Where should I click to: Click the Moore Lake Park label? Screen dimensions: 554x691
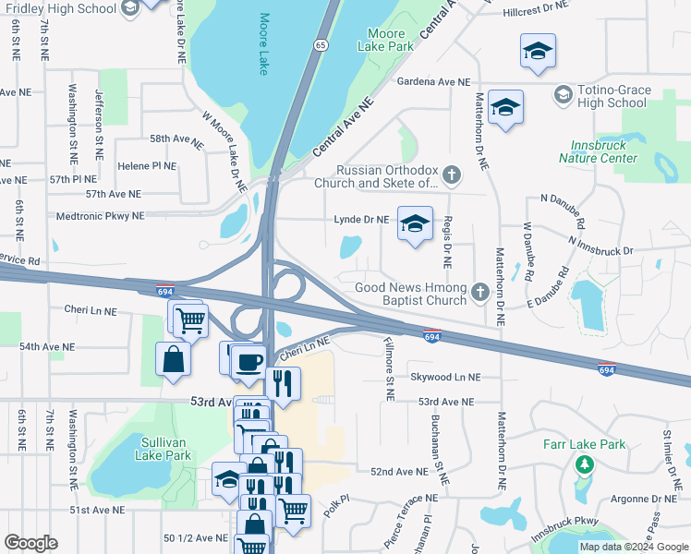[x=387, y=39]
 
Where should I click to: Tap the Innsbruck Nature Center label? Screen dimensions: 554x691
[x=598, y=151]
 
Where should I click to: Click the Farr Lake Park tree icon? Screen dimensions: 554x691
[x=584, y=464]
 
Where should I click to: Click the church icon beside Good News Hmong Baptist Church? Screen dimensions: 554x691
[x=479, y=293]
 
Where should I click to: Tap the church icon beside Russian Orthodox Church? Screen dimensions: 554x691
[x=452, y=174]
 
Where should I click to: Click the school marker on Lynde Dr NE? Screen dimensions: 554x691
[x=416, y=223]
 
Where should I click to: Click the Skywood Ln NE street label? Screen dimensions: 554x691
[x=446, y=377]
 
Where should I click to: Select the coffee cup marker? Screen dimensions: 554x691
[x=248, y=360]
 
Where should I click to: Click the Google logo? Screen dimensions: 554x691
[x=30, y=543]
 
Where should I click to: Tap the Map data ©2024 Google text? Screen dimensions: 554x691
[x=633, y=547]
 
